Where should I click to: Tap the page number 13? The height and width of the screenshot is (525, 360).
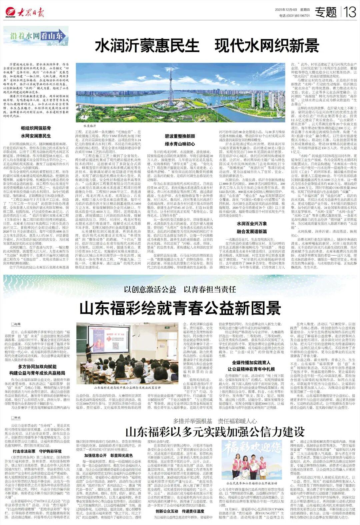pos(351,13)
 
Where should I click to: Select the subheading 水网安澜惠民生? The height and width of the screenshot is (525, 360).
pos(36,136)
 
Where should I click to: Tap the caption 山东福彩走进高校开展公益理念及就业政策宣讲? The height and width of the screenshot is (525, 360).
pos(127,388)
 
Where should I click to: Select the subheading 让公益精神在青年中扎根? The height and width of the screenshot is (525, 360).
pos(251,369)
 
